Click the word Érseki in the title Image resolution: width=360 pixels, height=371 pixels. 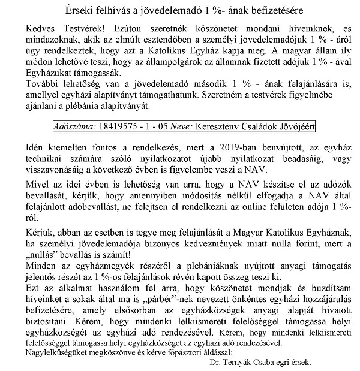[79, 10]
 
